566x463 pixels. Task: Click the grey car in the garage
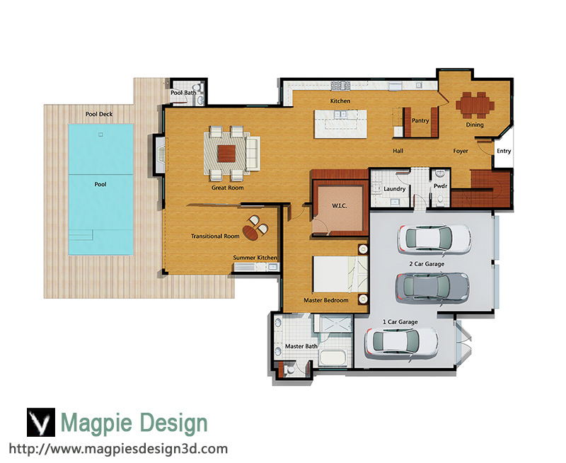[432, 287]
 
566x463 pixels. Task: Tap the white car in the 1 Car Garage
[401, 343]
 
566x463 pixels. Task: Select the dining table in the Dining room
[475, 105]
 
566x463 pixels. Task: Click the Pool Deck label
[99, 114]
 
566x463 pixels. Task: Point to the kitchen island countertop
[340, 123]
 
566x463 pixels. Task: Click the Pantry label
[420, 120]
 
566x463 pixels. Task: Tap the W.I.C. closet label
[340, 206]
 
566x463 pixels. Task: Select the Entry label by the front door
[504, 151]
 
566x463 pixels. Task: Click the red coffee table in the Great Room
[226, 153]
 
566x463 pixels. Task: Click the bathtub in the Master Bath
[333, 358]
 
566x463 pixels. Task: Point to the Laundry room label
[394, 188]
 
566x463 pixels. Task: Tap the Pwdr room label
[440, 186]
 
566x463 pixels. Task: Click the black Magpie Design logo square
[41, 422]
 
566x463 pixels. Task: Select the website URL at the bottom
[118, 449]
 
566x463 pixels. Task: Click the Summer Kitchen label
[255, 258]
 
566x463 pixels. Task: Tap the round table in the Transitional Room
[250, 232]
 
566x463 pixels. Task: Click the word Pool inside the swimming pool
[100, 184]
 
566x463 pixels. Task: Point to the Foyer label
[461, 151]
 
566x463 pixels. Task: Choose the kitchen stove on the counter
[341, 86]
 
